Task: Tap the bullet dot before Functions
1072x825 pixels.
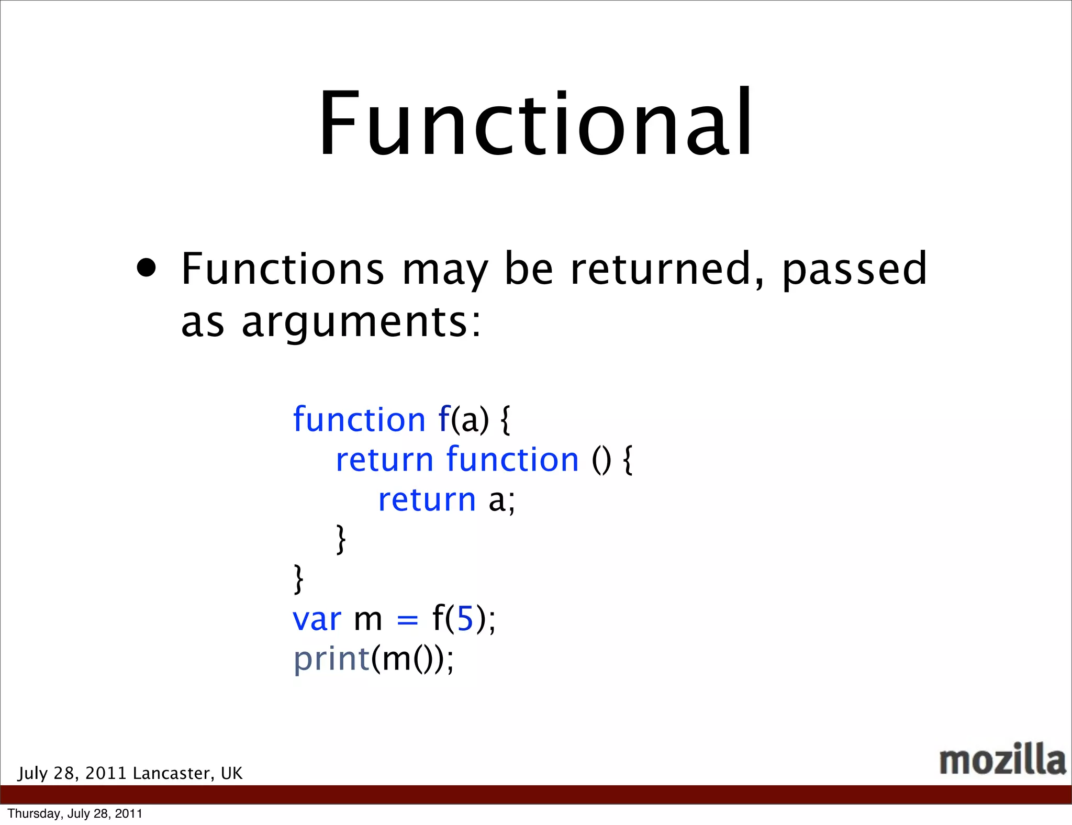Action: (x=146, y=269)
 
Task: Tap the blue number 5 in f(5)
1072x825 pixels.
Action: (x=465, y=619)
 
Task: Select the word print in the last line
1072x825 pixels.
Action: (x=332, y=660)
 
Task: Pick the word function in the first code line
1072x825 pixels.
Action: (x=359, y=420)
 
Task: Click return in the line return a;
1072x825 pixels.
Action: (x=427, y=500)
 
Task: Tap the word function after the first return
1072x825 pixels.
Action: (x=512, y=460)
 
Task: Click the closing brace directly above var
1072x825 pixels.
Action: (x=298, y=579)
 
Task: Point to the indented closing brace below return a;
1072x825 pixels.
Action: (x=341, y=539)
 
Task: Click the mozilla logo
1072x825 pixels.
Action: (x=1002, y=760)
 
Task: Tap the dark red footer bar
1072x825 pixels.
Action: (x=536, y=794)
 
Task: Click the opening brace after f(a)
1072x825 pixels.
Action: (x=505, y=420)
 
